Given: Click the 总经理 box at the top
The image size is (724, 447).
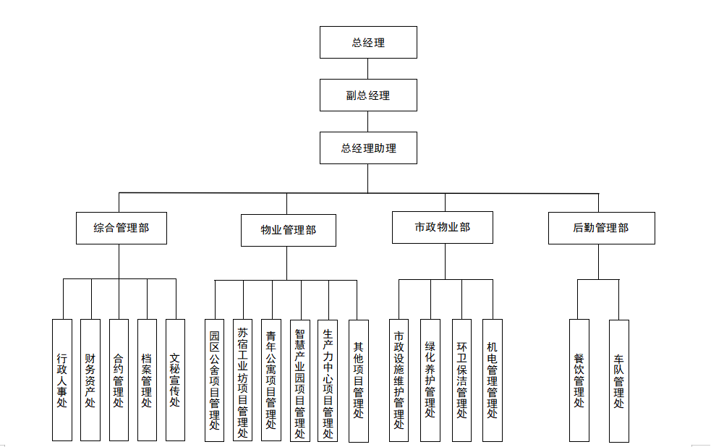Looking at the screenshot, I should click(368, 42).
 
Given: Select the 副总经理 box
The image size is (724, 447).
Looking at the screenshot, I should click(368, 95).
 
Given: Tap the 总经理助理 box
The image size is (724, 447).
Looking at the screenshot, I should click(368, 148).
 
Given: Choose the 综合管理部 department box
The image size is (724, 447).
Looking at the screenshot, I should click(121, 227).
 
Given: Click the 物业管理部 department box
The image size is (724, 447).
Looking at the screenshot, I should click(288, 230).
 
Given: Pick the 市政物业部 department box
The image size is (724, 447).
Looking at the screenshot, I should click(442, 227).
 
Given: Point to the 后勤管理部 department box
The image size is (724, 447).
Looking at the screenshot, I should click(600, 227).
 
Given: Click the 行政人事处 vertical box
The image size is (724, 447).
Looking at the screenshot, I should click(62, 380).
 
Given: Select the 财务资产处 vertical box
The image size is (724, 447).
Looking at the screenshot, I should click(90, 380).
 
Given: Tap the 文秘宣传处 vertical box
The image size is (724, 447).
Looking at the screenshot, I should click(175, 380).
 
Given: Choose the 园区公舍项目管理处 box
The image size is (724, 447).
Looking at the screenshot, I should click(214, 380).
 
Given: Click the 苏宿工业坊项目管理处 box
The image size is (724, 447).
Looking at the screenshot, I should click(242, 380).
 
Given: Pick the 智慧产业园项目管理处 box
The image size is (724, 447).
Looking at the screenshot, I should click(299, 380).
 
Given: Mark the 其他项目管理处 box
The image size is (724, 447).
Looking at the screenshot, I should click(358, 380).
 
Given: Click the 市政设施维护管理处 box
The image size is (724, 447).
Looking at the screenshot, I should click(399, 380).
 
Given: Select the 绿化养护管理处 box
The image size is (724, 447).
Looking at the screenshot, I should click(430, 380).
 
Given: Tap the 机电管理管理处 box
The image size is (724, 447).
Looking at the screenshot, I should click(492, 380).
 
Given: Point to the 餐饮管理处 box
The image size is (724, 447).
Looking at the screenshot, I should click(579, 380).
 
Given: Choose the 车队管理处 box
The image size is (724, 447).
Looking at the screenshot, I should click(618, 380).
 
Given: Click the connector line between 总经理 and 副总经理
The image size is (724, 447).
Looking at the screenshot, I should click(368, 69).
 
